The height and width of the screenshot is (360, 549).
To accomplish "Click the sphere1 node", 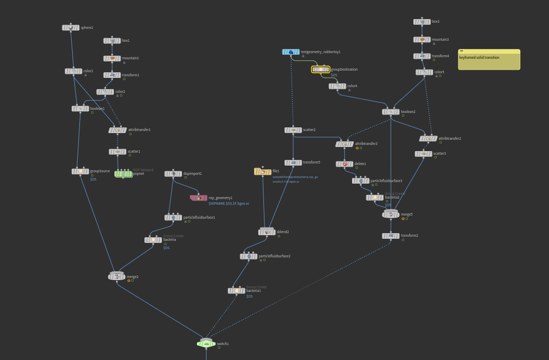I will (71, 28).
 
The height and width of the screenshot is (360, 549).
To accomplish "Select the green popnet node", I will (123, 174).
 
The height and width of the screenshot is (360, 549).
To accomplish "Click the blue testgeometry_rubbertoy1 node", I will (291, 52).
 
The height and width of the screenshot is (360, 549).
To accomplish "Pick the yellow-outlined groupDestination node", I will (321, 69).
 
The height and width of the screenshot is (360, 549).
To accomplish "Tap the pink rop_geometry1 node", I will (198, 198).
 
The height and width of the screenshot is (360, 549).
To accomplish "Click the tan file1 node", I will (262, 171).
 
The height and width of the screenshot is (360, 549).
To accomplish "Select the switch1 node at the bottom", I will (206, 343).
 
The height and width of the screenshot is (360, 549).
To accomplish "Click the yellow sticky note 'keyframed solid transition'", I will (489, 60).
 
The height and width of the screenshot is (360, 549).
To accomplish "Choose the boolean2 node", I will (391, 112).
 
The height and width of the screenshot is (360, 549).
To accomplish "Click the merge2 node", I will (117, 277).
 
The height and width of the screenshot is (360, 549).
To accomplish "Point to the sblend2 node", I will (267, 232).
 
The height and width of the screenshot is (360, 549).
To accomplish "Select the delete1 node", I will (344, 164).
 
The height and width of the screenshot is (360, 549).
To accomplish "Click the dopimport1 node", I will (173, 174).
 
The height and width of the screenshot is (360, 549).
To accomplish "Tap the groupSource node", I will (80, 171).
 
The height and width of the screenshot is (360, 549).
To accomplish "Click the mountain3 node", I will (422, 40).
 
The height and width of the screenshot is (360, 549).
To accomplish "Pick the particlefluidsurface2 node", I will (248, 256).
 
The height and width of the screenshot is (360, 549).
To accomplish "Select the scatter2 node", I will (293, 130).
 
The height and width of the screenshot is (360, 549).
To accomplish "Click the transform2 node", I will (391, 236).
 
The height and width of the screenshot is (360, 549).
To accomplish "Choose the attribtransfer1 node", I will (118, 130).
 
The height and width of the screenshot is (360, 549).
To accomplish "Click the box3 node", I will (422, 22).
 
